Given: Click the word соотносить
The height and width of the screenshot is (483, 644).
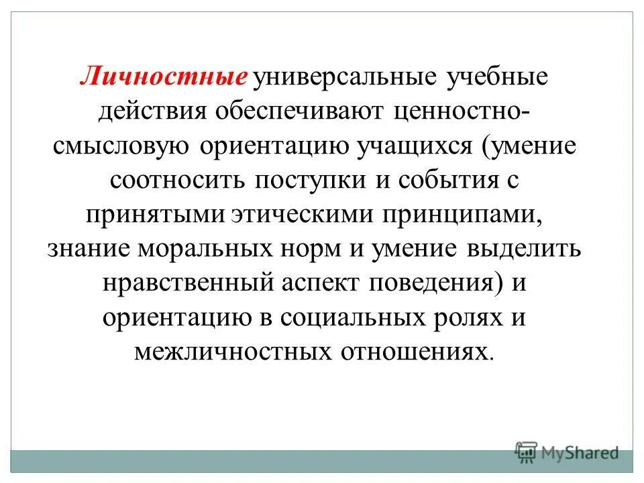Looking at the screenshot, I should [x=173, y=181].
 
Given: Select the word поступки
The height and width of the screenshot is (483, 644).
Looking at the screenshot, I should [x=307, y=181].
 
